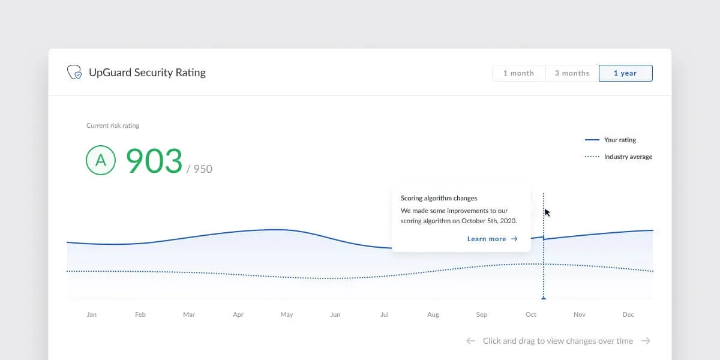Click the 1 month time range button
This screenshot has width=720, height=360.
tap(519, 73)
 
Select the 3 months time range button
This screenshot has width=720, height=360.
tap(572, 73)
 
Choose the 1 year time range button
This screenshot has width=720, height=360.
tap(625, 73)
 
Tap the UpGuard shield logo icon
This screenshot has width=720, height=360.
tap(74, 72)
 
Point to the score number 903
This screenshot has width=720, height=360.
tap(154, 160)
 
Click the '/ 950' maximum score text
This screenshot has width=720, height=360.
tap(199, 169)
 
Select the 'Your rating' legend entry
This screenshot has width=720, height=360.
tap(610, 140)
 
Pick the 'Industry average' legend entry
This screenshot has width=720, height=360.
tap(619, 157)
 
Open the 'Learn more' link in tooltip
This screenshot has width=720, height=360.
tap(493, 239)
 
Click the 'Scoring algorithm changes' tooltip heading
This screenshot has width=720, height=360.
tap(439, 198)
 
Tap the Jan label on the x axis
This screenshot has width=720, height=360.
tap(92, 314)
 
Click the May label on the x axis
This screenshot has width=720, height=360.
tap(287, 314)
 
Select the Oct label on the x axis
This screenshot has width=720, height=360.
tap(530, 314)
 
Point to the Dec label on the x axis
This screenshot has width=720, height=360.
tap(628, 314)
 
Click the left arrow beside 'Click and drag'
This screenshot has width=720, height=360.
tap(471, 341)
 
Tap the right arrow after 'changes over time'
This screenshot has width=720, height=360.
tap(646, 341)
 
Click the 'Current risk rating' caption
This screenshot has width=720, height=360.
tap(113, 125)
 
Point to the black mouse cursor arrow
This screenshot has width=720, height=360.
tap(547, 212)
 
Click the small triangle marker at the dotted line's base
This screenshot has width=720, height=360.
tap(544, 298)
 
